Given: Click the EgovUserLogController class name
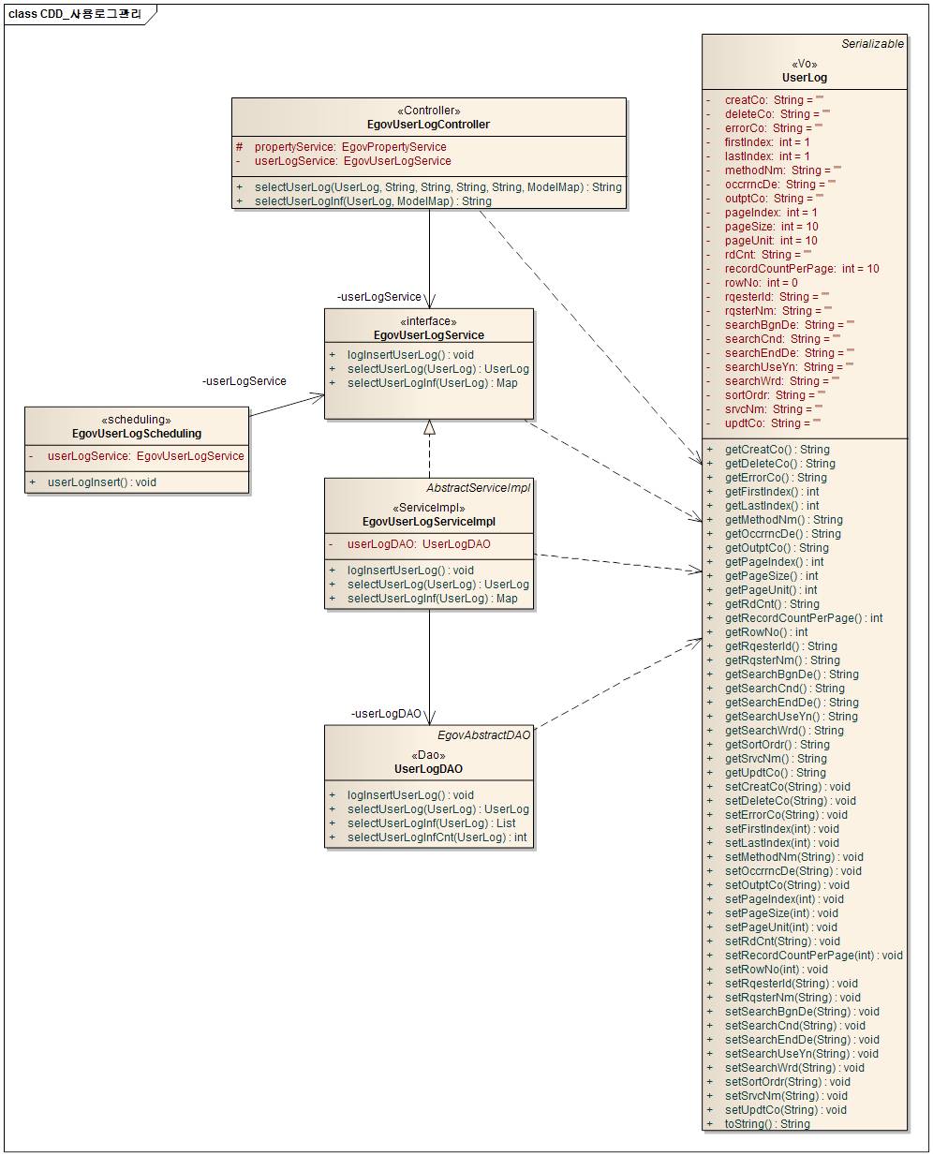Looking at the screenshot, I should pyautogui.click(x=428, y=125).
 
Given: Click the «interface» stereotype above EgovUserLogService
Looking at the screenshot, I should pyautogui.click(x=429, y=321).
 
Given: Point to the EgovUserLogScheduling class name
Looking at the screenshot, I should pyautogui.click(x=137, y=434).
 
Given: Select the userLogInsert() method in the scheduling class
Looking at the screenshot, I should pyautogui.click(x=102, y=482).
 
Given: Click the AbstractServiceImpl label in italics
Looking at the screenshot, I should pyautogui.click(x=478, y=488).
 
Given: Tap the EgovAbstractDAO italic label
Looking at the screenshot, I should pyautogui.click(x=483, y=735).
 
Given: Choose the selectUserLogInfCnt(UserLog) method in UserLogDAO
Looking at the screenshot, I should pyautogui.click(x=437, y=837).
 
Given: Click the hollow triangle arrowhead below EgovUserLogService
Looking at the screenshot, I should pyautogui.click(x=429, y=427).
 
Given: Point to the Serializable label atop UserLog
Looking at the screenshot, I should pyautogui.click(x=872, y=44).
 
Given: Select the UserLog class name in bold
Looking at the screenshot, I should pyautogui.click(x=805, y=78).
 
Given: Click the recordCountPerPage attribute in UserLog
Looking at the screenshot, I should pyautogui.click(x=801, y=269).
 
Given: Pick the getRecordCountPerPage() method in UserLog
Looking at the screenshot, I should pyautogui.click(x=804, y=618).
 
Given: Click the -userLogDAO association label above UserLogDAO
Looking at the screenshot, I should pyautogui.click(x=386, y=714).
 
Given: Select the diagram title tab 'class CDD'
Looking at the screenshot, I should pyautogui.click(x=75, y=14).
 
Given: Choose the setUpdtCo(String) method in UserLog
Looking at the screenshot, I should pyautogui.click(x=785, y=1110).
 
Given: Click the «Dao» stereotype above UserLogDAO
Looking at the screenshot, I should pyautogui.click(x=428, y=755).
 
